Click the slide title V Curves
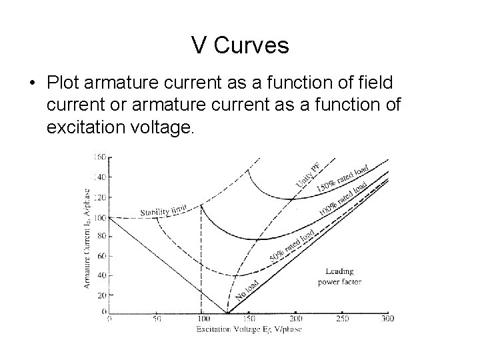pyautogui.click(x=240, y=45)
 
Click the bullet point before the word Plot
pyautogui.click(x=32, y=85)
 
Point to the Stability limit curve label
pyautogui.click(x=163, y=212)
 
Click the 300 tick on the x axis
pyautogui.click(x=387, y=319)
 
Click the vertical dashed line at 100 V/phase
pyautogui.click(x=201, y=267)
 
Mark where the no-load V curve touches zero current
pyautogui.click(x=227, y=312)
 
